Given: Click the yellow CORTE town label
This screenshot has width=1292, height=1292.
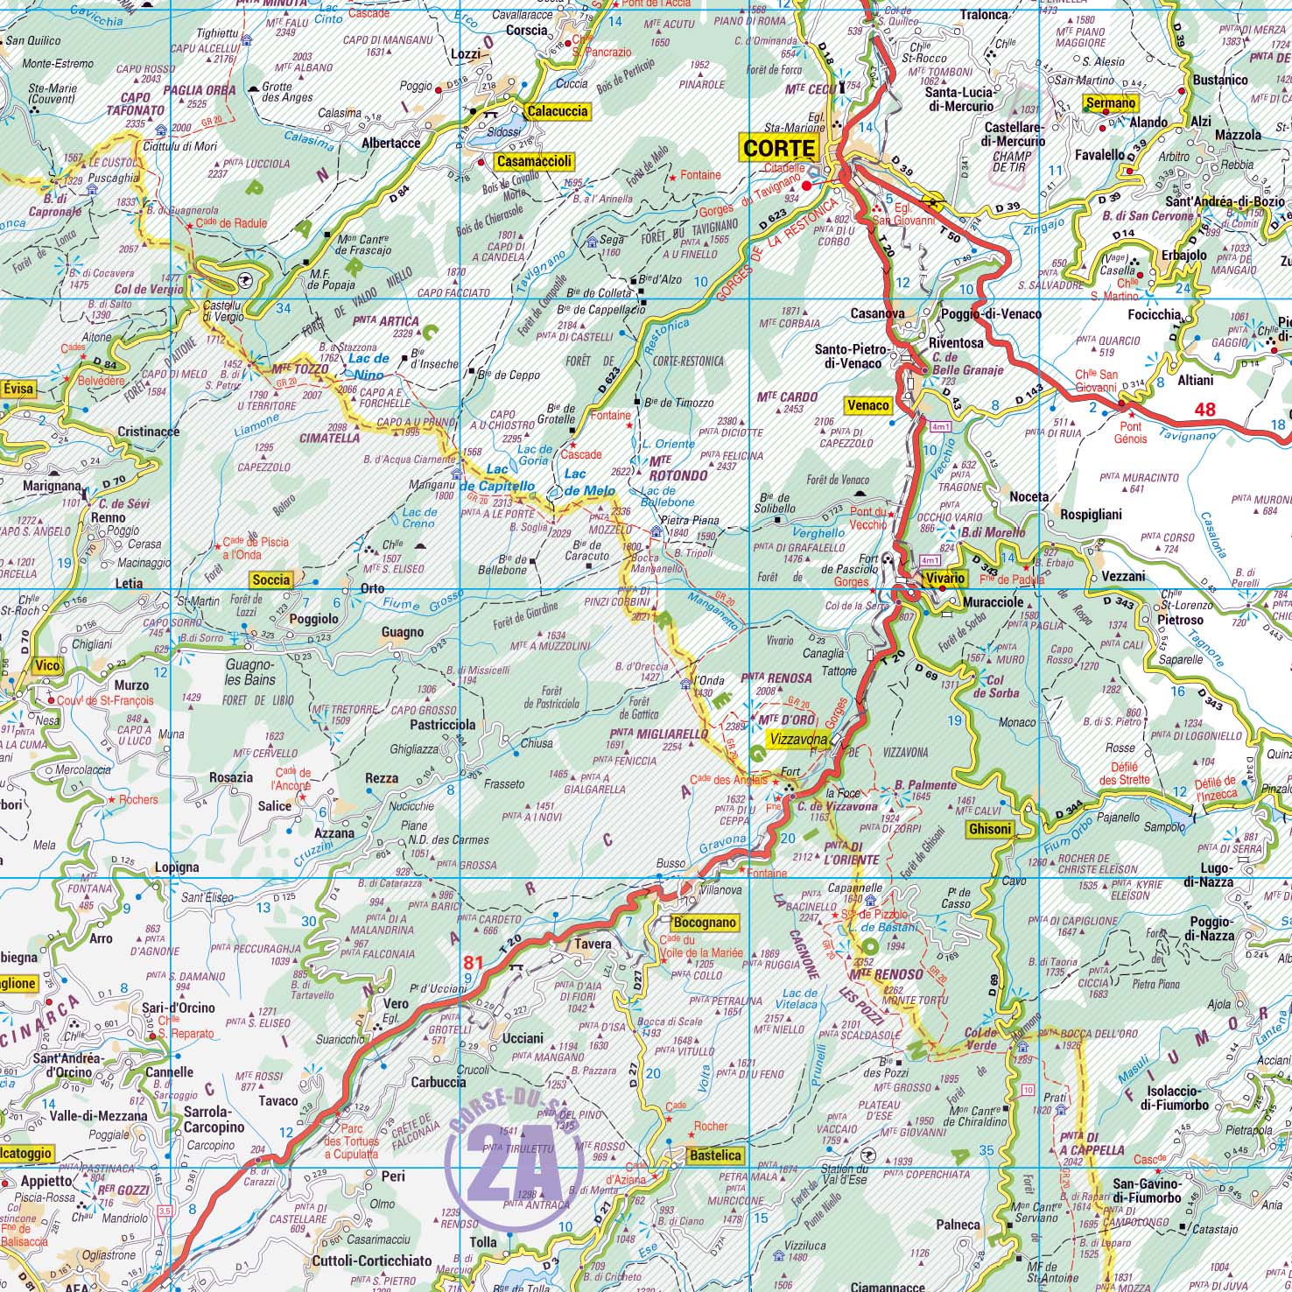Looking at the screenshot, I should point(779,147).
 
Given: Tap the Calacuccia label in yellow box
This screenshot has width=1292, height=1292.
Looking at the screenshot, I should point(557,111).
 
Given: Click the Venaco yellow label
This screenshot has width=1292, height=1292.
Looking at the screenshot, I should point(868,405).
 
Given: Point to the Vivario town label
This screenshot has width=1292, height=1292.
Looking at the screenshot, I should point(942,579).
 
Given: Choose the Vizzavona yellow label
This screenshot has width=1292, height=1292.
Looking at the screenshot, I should point(797,740).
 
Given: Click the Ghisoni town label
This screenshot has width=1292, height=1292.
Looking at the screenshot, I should point(990,829).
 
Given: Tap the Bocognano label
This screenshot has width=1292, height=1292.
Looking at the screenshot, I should point(706,923).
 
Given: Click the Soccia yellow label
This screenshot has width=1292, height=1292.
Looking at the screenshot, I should point(270,579).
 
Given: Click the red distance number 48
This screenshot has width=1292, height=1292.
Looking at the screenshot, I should point(1205,409).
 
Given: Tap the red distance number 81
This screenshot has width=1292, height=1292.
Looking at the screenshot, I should point(474,963).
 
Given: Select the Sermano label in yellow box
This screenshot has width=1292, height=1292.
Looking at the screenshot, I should point(1110,103).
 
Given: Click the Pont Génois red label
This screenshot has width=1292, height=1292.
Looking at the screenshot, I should point(1130,432).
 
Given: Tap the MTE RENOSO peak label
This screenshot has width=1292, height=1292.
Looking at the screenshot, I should point(891,973).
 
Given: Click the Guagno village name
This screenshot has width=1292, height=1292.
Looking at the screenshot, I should point(403,632).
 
